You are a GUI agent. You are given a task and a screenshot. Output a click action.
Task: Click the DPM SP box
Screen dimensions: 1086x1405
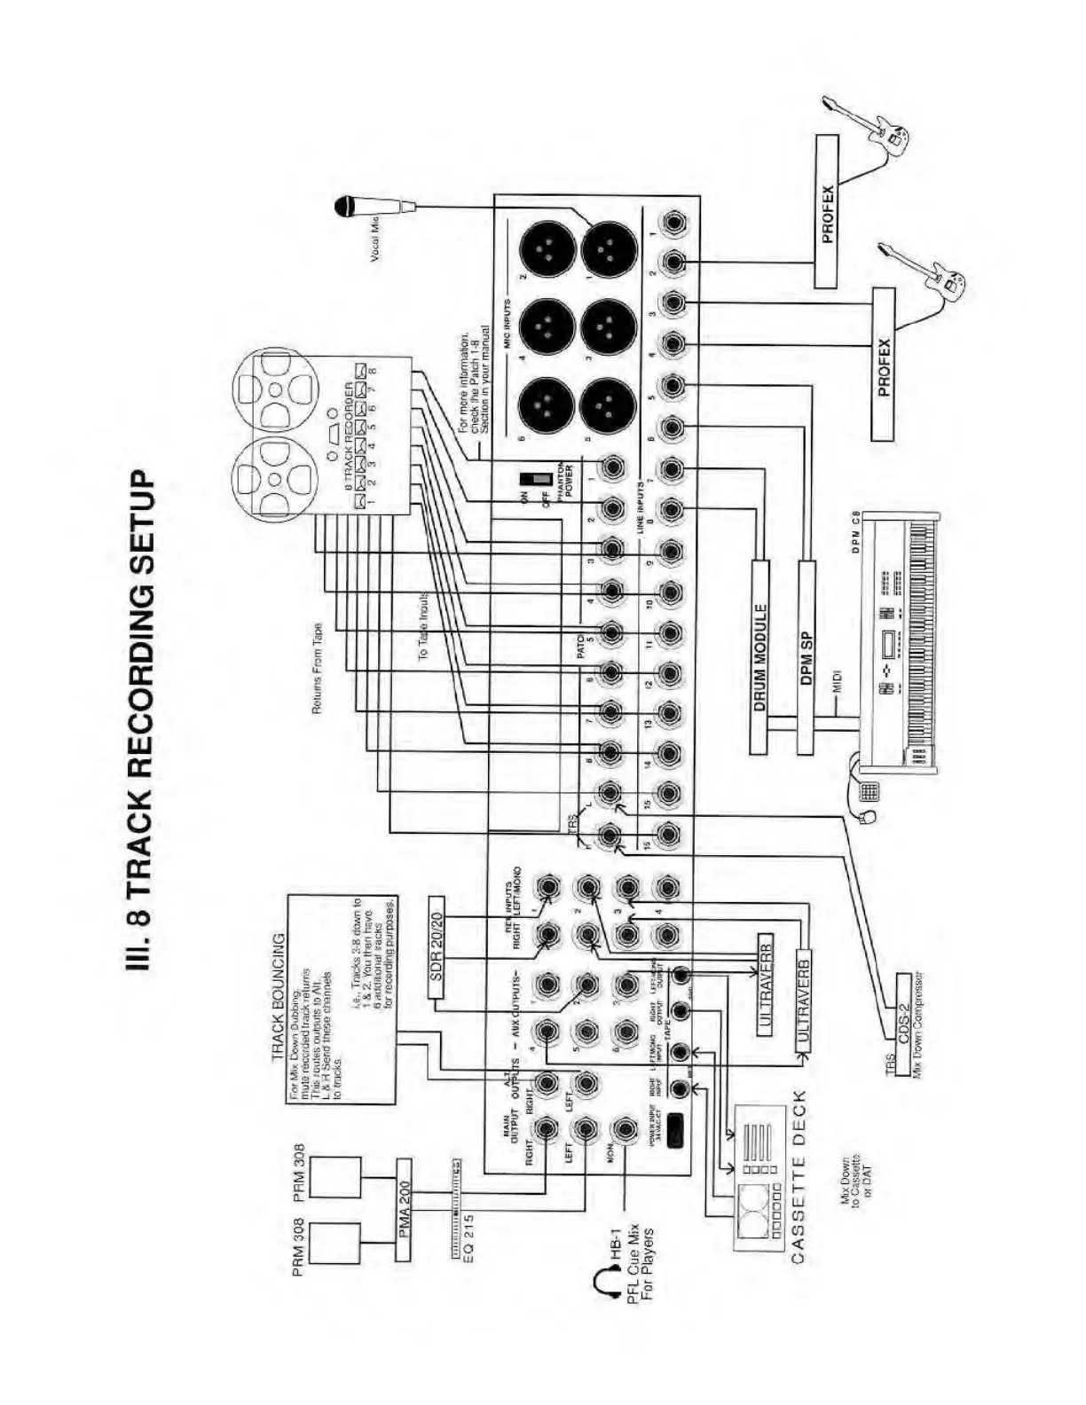pos(806,656)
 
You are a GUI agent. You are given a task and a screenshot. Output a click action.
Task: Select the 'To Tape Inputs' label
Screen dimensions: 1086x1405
pos(424,625)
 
